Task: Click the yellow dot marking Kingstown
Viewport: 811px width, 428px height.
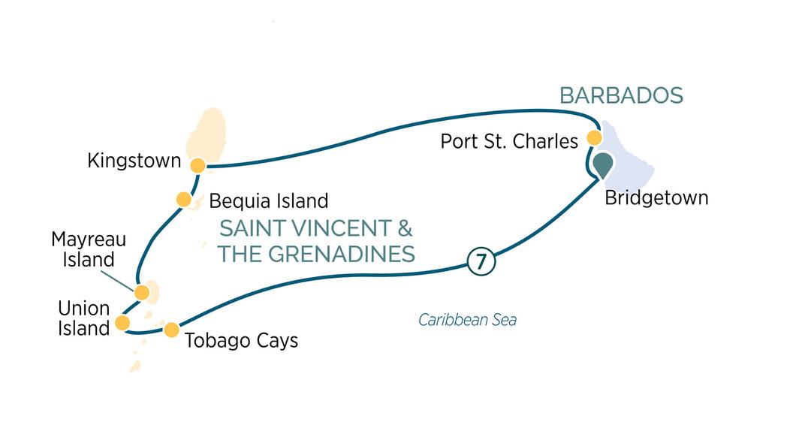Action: click(x=197, y=165)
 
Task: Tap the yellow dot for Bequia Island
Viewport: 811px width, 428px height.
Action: click(x=183, y=199)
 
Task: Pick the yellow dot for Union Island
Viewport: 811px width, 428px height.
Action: click(x=122, y=323)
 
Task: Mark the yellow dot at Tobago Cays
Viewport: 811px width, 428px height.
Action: click(x=171, y=329)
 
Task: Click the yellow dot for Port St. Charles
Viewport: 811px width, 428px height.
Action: click(x=594, y=138)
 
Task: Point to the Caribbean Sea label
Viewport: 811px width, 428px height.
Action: click(x=467, y=321)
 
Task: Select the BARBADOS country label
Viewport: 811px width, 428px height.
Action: click(x=622, y=95)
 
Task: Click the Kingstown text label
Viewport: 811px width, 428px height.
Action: click(x=134, y=161)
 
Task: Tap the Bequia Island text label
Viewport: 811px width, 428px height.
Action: click(x=269, y=201)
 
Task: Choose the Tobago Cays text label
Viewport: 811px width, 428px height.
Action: click(x=241, y=340)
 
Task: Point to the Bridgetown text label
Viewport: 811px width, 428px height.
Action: click(x=656, y=198)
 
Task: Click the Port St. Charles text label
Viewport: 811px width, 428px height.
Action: click(x=509, y=141)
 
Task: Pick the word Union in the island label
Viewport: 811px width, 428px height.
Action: click(x=83, y=309)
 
